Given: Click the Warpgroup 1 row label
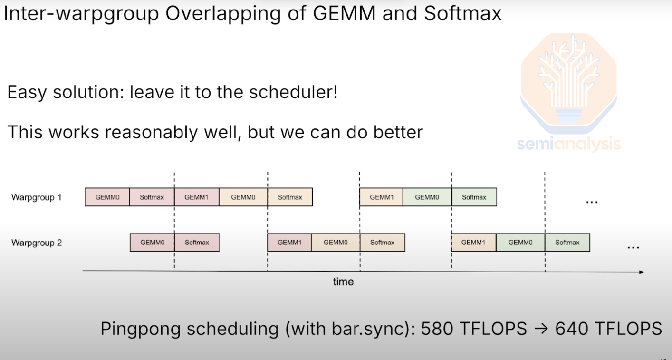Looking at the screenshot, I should point(37,197).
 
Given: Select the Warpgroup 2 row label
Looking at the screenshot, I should point(37,243).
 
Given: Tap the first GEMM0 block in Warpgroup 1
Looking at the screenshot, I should point(107,197).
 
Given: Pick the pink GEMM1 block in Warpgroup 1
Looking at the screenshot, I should point(196,197).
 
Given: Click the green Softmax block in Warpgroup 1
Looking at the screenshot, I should point(474,197).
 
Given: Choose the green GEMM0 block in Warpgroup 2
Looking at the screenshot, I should point(520,243).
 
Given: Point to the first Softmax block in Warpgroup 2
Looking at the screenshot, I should point(197,243).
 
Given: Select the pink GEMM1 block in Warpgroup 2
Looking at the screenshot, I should point(289,243).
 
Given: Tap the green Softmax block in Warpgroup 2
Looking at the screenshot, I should point(567,243).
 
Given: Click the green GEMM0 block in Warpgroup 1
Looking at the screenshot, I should point(427,197).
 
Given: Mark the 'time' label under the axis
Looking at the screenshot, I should point(343,282).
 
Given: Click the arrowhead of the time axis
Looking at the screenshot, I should point(642,272).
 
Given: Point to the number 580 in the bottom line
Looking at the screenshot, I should point(437,329).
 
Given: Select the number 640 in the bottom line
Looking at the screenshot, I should point(571,329).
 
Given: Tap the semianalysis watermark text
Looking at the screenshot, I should point(568,144).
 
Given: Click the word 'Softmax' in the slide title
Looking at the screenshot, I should point(462,13).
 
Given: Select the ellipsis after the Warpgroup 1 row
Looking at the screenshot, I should point(591,201).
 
